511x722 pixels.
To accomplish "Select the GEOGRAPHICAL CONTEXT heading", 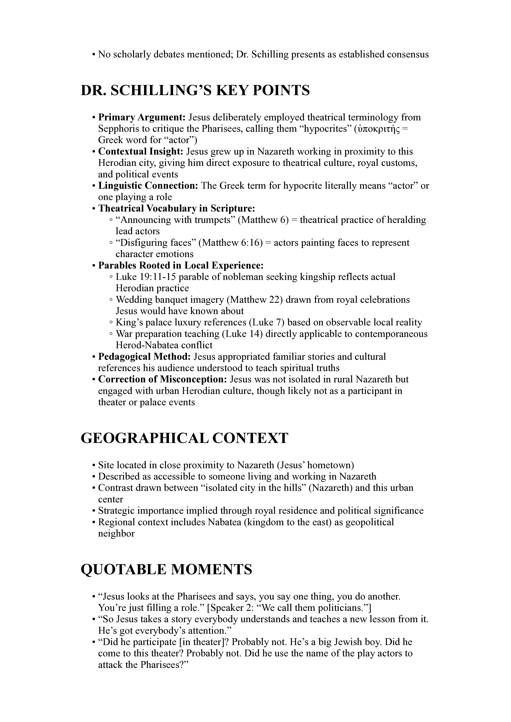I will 184,438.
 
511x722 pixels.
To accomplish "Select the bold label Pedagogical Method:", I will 144,357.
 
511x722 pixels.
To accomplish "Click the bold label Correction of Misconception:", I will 162,379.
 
